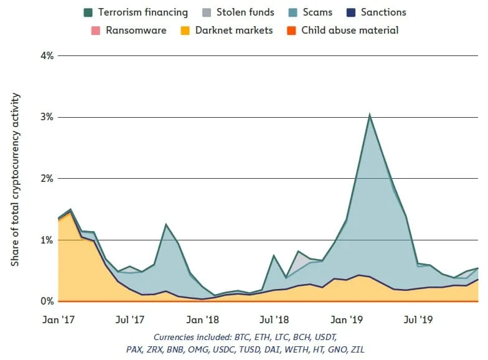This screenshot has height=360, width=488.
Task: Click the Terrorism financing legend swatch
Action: [88, 12]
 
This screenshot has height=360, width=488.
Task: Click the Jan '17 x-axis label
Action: [59, 320]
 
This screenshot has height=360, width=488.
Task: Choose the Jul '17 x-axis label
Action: [131, 320]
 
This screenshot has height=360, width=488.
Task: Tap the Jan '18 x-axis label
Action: [202, 320]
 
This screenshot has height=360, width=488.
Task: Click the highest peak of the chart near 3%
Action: [370, 115]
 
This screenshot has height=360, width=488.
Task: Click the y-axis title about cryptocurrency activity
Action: [16, 179]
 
